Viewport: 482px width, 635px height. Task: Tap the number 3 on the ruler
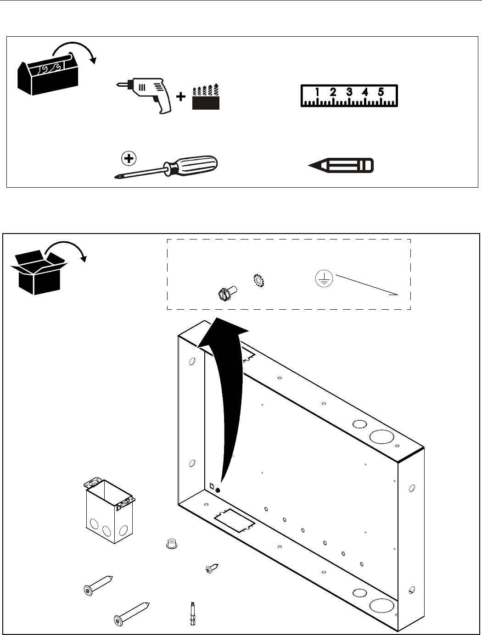349,92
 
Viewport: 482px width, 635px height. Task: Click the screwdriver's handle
195,164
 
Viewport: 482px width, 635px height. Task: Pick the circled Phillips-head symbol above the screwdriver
129,159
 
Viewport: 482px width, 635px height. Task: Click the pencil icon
342,165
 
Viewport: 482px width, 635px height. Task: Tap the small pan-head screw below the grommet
211,568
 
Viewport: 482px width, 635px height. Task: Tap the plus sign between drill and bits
181,97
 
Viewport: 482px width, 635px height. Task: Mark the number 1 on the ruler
318,92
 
